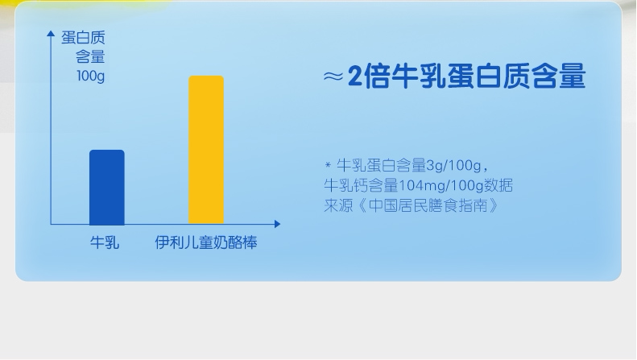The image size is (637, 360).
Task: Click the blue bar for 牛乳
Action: point(107,188)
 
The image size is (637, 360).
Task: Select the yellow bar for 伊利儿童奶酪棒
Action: point(206,150)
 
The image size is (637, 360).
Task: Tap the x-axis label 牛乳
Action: point(105,242)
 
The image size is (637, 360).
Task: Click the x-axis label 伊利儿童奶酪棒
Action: point(206,242)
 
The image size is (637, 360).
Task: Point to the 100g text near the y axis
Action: point(90,76)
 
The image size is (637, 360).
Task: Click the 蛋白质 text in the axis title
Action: point(83,38)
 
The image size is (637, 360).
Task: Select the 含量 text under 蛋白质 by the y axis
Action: point(90,57)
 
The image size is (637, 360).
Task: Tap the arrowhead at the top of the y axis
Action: point(51,33)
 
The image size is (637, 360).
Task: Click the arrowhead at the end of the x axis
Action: point(278,224)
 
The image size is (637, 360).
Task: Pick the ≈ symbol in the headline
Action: point(333,76)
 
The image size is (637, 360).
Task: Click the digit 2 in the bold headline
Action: point(354,76)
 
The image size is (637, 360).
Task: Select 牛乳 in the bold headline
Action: point(419,76)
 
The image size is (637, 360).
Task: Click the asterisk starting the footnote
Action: point(328,165)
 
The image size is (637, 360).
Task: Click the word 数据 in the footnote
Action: point(498,185)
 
